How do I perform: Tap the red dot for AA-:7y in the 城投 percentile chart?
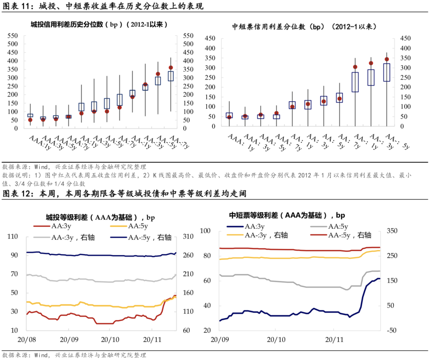(x=171, y=68)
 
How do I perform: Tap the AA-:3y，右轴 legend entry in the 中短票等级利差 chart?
(x=263, y=235)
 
